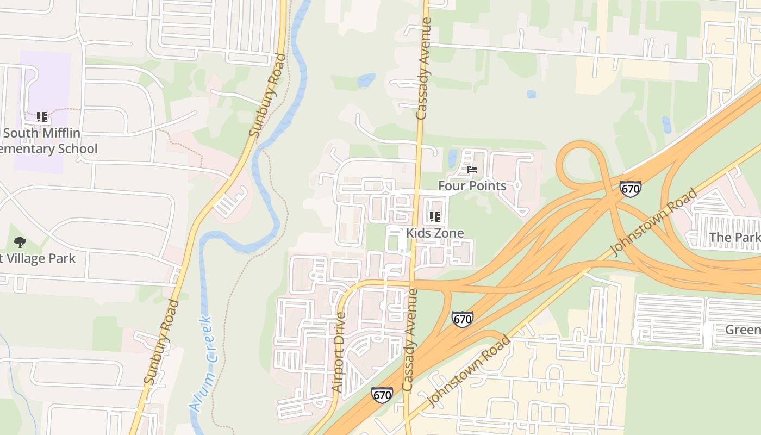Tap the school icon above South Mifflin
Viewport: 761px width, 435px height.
click(x=41, y=117)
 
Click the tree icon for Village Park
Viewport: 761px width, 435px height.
click(x=20, y=243)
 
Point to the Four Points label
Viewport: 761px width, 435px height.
click(x=472, y=186)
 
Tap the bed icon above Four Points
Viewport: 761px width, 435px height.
click(x=472, y=170)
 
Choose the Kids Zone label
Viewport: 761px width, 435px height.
click(x=435, y=233)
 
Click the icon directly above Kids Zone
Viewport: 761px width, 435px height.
click(x=434, y=217)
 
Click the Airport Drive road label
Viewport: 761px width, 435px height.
click(x=339, y=352)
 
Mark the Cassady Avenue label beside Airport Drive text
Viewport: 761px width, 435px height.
click(x=410, y=339)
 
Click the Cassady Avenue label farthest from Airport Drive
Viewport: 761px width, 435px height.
click(x=423, y=69)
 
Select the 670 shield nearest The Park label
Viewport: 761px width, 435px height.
click(x=630, y=189)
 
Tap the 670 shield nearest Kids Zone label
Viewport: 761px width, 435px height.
click(x=462, y=319)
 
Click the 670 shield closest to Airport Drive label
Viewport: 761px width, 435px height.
click(x=382, y=394)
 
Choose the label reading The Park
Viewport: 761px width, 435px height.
click(x=734, y=238)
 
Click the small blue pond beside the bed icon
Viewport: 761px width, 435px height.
click(x=452, y=158)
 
